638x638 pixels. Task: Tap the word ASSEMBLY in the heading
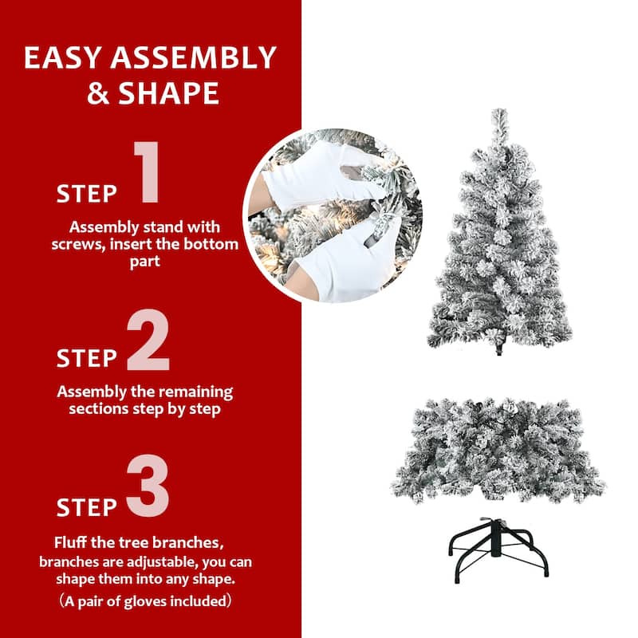click(x=193, y=57)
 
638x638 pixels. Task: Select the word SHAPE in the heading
click(x=169, y=93)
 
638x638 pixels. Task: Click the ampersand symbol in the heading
click(x=98, y=93)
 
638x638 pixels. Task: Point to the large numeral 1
click(x=147, y=171)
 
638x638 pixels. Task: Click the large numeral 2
click(x=148, y=340)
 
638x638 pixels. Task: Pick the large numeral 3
click(x=148, y=486)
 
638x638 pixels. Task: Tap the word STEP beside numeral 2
click(x=87, y=358)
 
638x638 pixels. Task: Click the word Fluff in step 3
click(x=70, y=542)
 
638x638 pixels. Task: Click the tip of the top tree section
click(x=500, y=110)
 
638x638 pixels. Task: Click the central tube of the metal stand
click(x=496, y=538)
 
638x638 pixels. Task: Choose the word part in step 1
click(x=145, y=262)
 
